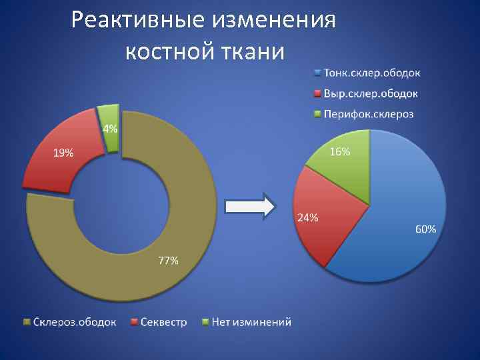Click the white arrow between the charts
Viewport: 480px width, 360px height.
tap(250, 207)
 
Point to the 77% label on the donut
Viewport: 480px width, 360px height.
tap(167, 261)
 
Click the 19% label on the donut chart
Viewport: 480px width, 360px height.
tap(63, 153)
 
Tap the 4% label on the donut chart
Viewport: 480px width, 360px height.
tap(109, 129)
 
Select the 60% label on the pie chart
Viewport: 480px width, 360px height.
tap(426, 229)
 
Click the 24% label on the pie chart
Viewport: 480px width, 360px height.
tap(307, 218)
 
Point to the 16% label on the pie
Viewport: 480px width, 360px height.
tap(339, 152)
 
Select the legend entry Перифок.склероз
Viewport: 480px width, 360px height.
tap(368, 114)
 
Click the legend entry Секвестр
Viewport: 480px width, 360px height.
tap(163, 322)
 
